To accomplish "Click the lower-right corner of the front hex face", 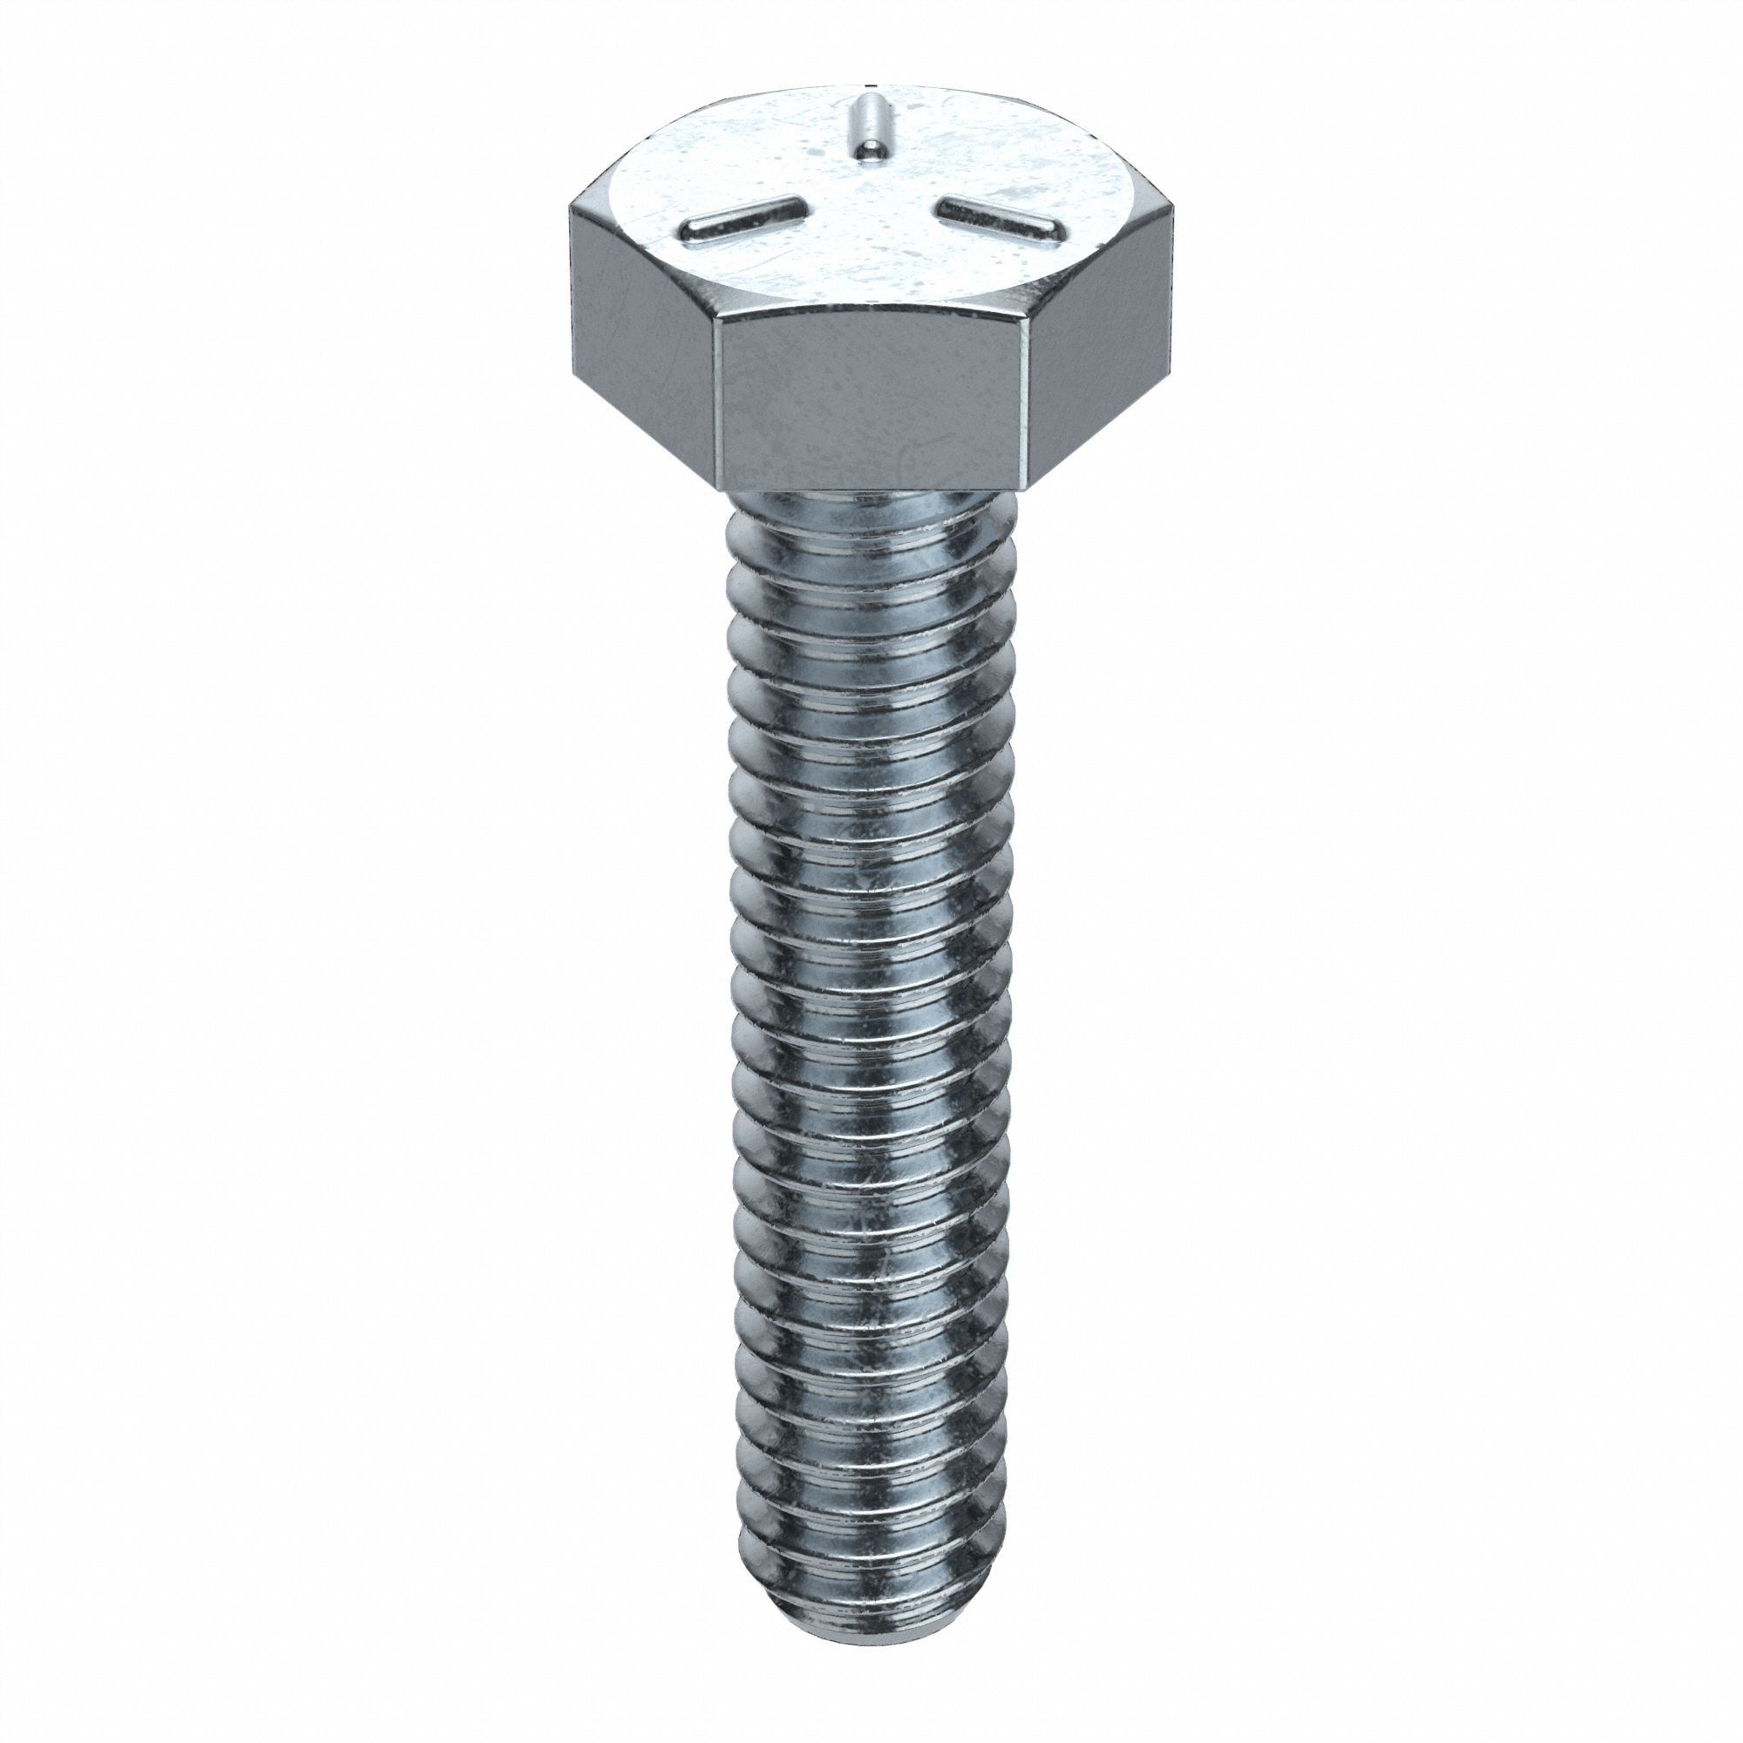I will (1026, 488).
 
